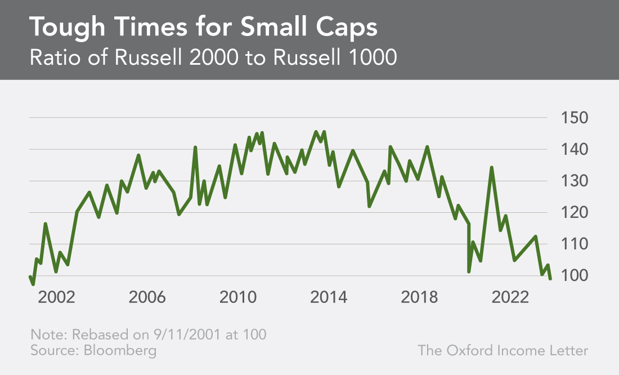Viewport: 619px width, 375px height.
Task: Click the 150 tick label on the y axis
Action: click(572, 118)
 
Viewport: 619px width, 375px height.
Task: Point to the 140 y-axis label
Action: click(572, 150)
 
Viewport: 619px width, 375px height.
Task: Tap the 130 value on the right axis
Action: click(572, 181)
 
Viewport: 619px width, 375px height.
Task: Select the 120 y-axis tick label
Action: click(572, 213)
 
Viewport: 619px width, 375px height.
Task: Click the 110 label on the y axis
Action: click(572, 244)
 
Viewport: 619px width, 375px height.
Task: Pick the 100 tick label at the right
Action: click(572, 276)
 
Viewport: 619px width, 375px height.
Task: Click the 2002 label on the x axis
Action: click(56, 297)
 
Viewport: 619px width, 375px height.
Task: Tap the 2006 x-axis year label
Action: click(147, 297)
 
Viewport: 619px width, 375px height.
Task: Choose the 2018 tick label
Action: click(419, 297)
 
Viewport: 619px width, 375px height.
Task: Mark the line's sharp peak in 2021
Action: click(491, 167)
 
